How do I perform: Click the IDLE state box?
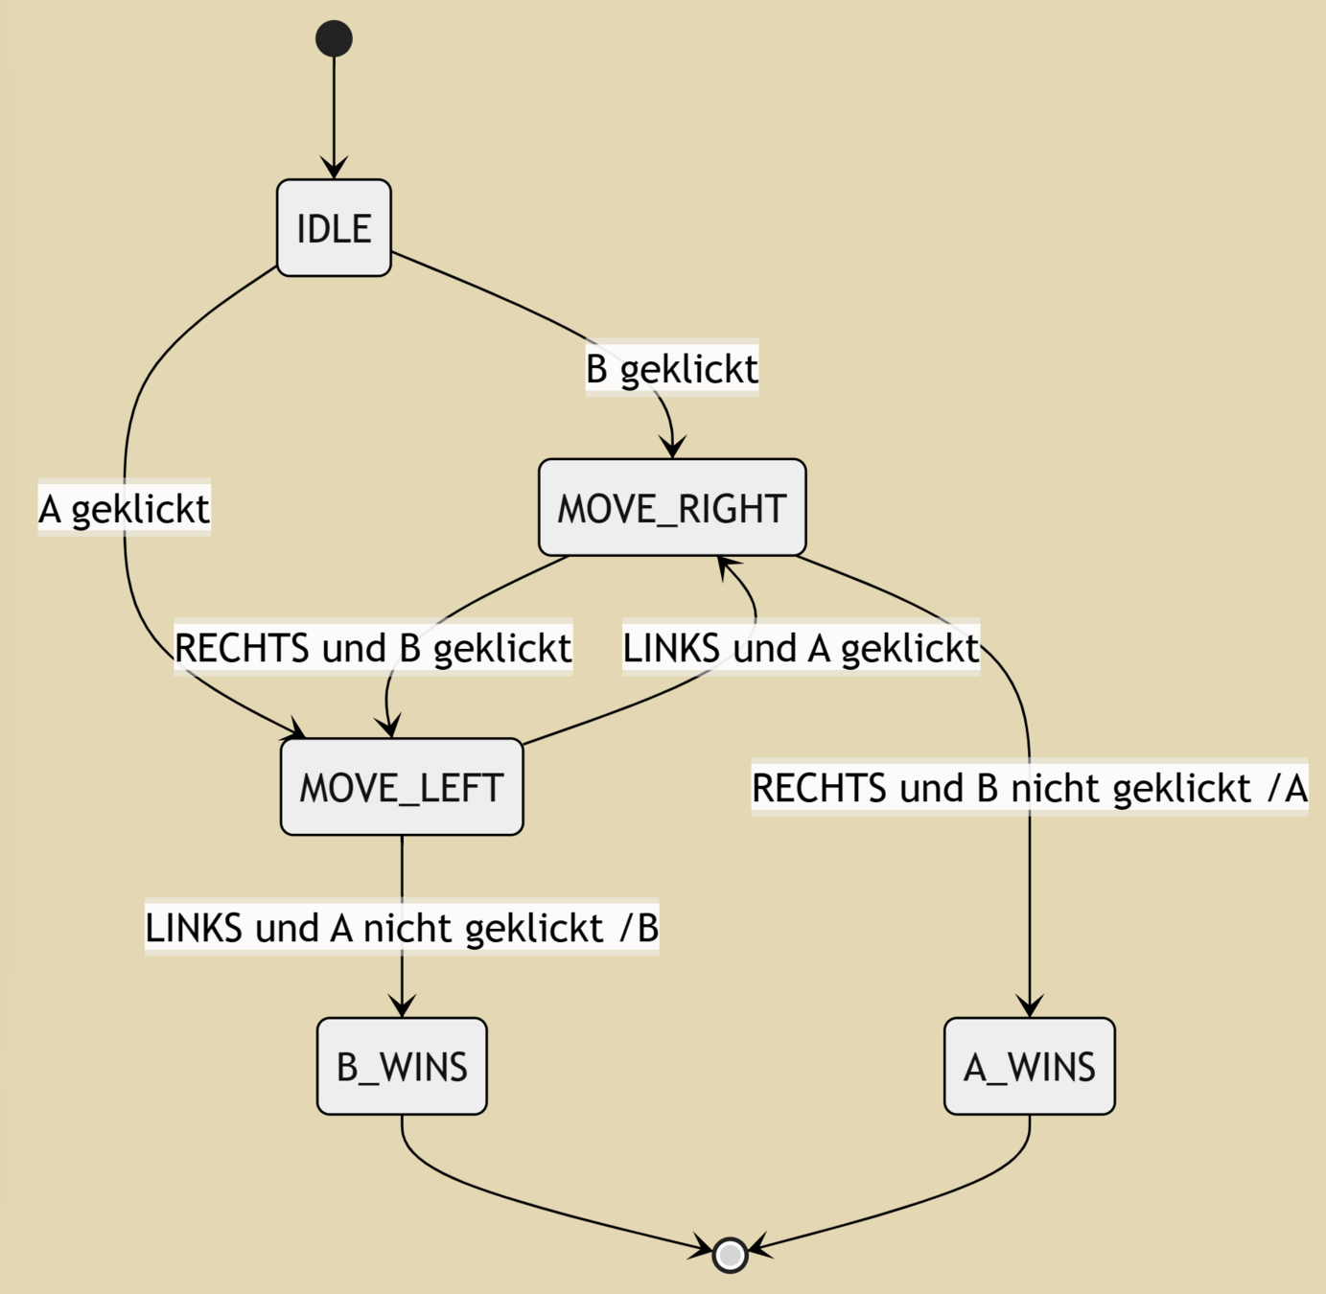(x=334, y=228)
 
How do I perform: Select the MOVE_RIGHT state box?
(x=672, y=507)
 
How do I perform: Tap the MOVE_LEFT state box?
(x=402, y=787)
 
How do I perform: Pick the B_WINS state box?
(x=402, y=1066)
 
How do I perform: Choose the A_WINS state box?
(x=1029, y=1066)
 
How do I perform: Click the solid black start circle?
(x=334, y=38)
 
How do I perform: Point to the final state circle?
(x=731, y=1254)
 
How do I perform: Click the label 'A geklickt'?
(x=124, y=508)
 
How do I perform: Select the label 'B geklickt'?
(x=672, y=368)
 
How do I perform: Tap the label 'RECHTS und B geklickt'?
(x=373, y=648)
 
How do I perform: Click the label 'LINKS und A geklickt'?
(x=801, y=648)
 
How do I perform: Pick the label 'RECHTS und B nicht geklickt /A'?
(x=1029, y=788)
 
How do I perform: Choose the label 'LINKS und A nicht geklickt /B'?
(x=402, y=928)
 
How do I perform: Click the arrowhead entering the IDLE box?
(x=334, y=169)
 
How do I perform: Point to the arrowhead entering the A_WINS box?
(x=1029, y=1006)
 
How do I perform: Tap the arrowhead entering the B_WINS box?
(x=402, y=1006)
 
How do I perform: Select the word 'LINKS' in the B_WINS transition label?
(x=193, y=928)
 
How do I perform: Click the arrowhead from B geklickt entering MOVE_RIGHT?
(x=673, y=448)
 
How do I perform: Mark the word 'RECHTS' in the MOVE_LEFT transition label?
(x=241, y=648)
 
